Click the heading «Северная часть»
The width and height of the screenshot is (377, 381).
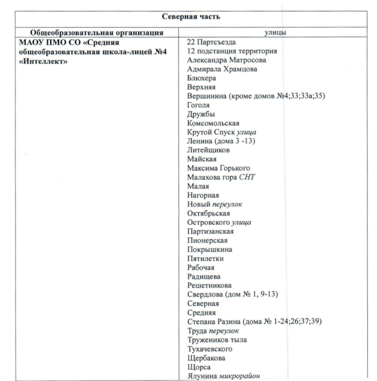click(x=192, y=16)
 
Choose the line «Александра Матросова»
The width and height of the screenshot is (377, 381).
click(x=227, y=60)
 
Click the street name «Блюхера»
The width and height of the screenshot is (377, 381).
click(x=202, y=78)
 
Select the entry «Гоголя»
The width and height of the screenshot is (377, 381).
click(x=200, y=105)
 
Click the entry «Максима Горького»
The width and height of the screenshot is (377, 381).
click(x=218, y=168)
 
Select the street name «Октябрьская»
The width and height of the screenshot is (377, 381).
click(x=209, y=213)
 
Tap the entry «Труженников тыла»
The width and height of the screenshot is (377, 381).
click(x=217, y=339)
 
